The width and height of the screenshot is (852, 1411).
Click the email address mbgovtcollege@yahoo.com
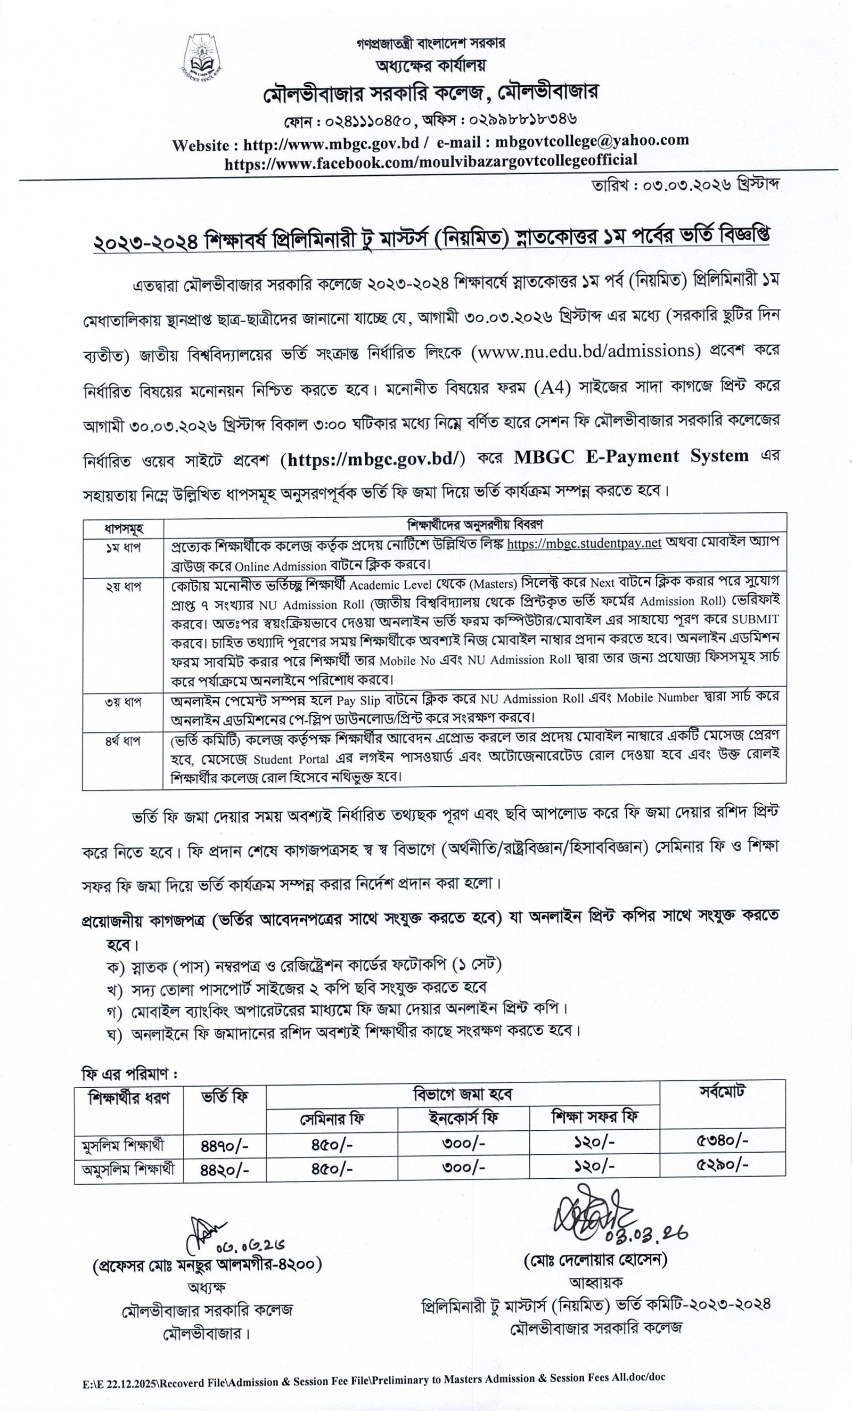(592, 141)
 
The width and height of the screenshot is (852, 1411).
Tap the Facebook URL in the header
(431, 160)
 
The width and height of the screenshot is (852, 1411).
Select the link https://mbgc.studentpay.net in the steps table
(584, 543)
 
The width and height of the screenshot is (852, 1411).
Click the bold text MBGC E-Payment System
(631, 456)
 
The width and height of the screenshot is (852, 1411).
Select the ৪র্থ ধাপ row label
(123, 741)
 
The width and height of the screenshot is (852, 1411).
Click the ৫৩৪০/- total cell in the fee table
(722, 1139)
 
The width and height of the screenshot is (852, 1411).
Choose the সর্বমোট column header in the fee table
(722, 1091)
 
